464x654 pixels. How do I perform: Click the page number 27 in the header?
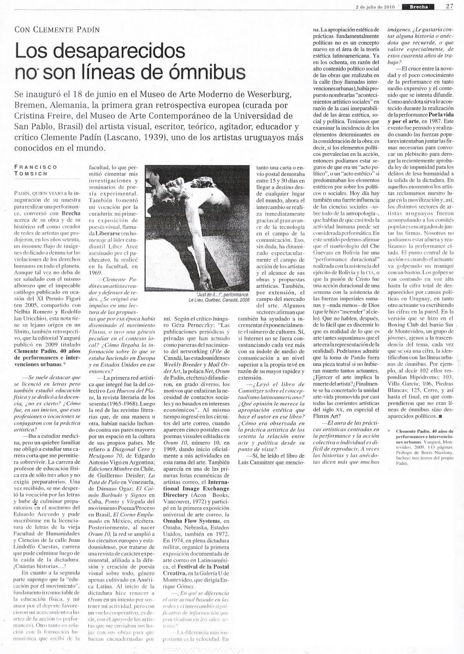(x=450, y=6)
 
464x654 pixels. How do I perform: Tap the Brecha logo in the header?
(x=417, y=6)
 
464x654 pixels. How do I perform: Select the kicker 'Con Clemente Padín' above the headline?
(x=57, y=29)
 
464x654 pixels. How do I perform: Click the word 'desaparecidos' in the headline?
(x=100, y=51)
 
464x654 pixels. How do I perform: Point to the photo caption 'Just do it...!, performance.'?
(x=224, y=294)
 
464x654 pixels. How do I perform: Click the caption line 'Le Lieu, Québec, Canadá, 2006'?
(x=219, y=300)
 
